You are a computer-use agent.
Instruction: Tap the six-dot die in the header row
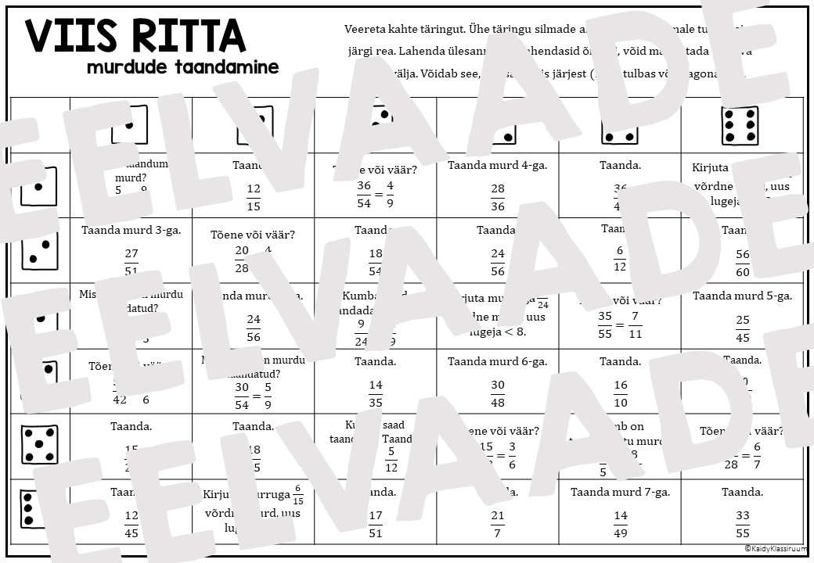pos(740,125)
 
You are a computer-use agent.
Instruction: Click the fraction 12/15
pos(254,198)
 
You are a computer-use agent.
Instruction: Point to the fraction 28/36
pos(498,198)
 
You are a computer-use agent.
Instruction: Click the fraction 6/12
pos(620,257)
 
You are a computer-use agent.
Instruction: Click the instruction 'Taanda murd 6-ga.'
pos(498,361)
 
